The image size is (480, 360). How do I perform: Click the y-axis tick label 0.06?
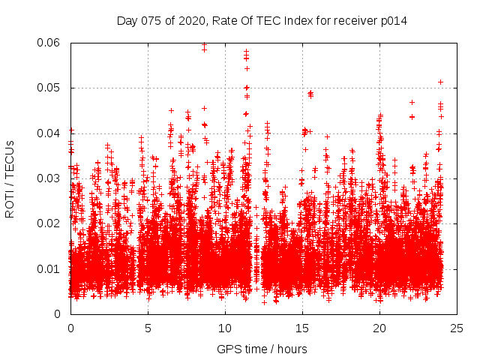pos(49,43)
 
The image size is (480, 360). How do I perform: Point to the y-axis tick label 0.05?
pos(49,88)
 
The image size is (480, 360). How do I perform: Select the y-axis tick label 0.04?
pos(49,133)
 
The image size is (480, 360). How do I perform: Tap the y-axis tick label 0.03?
pos(49,178)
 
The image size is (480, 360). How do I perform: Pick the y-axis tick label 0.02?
pos(49,223)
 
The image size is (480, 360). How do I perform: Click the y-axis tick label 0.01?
pos(49,268)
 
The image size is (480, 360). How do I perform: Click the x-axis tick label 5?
pos(148,328)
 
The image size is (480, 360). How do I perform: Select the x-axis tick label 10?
pos(225,328)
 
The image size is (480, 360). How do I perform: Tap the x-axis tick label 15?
pos(302,328)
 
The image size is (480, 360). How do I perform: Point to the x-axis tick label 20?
pos(379,328)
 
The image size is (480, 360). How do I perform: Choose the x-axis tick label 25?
pos(457,328)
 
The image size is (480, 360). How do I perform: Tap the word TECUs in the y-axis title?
pos(10,157)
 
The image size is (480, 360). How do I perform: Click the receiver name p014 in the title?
pos(393,20)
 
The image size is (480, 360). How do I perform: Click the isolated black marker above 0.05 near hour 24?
pos(440,82)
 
